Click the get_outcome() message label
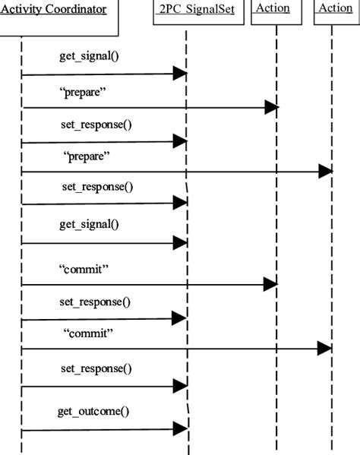click(x=93, y=411)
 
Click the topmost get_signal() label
click(x=89, y=56)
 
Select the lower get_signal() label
click(x=89, y=224)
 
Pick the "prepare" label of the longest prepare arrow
click(x=87, y=157)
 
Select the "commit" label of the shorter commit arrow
click(x=84, y=268)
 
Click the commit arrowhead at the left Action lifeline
click(x=270, y=284)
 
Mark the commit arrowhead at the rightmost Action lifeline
click(x=324, y=349)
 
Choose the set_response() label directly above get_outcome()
click(x=95, y=368)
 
